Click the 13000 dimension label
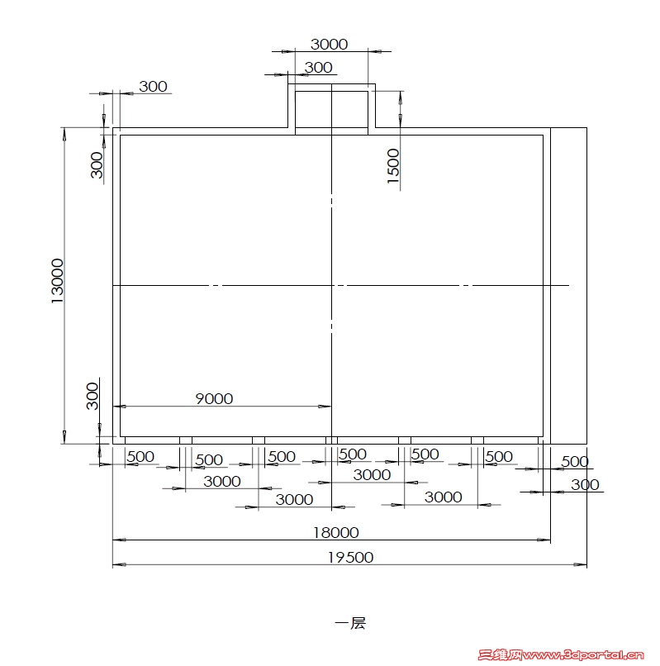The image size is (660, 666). click(57, 281)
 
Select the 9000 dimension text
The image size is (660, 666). click(214, 399)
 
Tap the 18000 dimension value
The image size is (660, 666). click(336, 533)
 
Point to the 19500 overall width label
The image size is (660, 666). click(350, 558)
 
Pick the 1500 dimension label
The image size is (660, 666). click(393, 166)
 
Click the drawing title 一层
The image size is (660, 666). click(350, 624)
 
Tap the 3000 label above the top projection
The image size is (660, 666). click(329, 44)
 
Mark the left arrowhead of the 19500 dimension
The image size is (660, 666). click(119, 565)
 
